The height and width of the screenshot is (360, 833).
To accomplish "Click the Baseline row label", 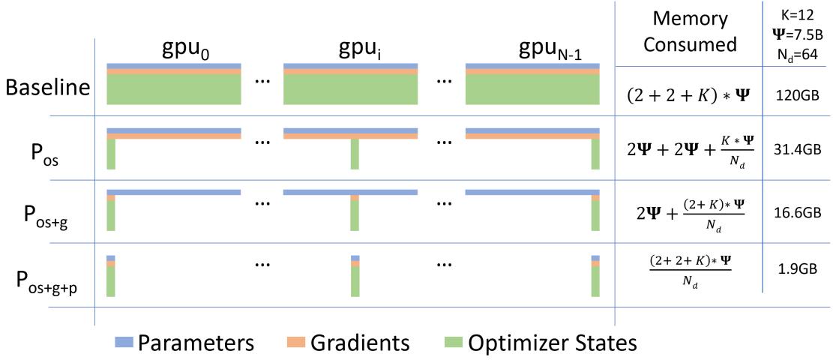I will (x=47, y=87).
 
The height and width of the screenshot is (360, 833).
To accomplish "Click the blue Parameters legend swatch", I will (x=124, y=343).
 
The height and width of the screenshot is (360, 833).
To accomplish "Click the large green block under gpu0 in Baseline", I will (x=173, y=90).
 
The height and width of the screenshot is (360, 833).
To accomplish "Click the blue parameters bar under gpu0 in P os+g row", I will (x=173, y=192).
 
